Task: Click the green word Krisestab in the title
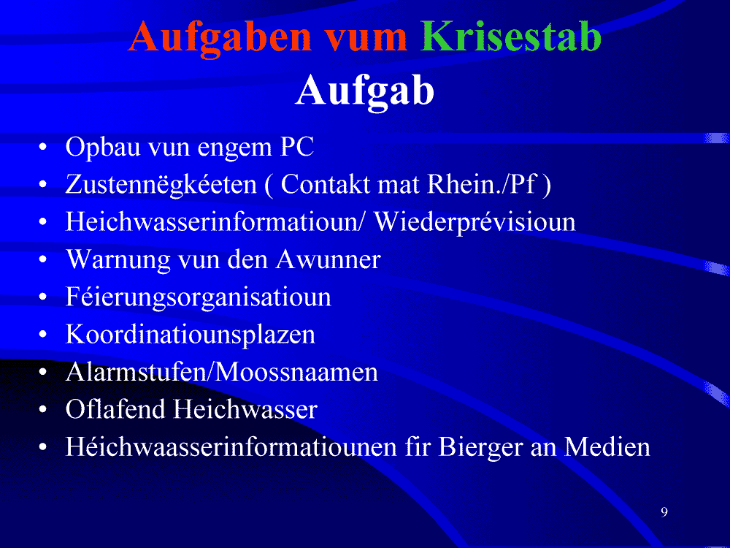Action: (511, 37)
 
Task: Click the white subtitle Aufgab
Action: (365, 91)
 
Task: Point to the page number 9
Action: (664, 511)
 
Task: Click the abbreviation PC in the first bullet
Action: (297, 148)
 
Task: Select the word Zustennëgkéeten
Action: (161, 185)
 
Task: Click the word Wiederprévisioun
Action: (475, 223)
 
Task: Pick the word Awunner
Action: (328, 259)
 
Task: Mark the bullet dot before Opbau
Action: (43, 148)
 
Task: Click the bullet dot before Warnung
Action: (43, 261)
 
